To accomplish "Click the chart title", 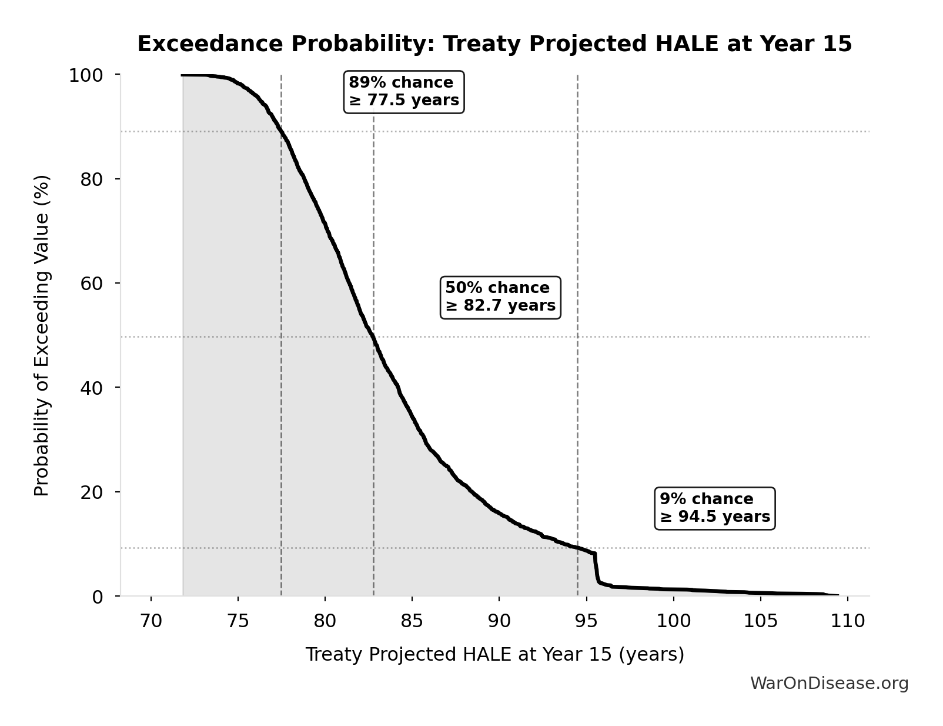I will click(494, 45).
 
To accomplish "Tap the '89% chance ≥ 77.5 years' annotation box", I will click(404, 92).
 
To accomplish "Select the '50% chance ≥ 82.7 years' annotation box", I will click(500, 297).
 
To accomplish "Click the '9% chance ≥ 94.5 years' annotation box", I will click(715, 508).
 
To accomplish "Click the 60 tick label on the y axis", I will click(92, 284).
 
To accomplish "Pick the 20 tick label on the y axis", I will click(92, 492).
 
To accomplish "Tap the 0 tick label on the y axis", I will click(98, 597).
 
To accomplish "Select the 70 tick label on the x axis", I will click(151, 621).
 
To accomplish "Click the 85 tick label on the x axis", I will click(412, 621).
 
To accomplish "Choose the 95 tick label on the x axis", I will click(586, 621).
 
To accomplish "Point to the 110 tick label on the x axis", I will click(847, 621).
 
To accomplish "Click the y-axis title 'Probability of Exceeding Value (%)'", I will click(42, 335).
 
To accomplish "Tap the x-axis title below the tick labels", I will click(494, 655).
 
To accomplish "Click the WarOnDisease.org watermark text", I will click(829, 684).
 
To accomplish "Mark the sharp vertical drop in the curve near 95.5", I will click(596, 568).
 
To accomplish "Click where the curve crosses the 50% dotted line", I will click(372, 337).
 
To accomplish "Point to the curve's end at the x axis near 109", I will click(836, 595).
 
